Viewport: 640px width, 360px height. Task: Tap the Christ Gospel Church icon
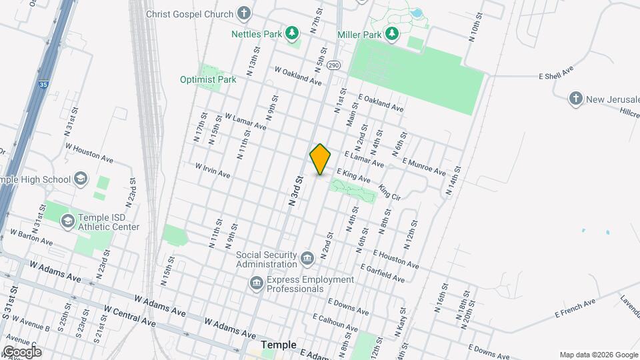pos(245,13)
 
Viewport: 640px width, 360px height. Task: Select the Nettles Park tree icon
pos(291,33)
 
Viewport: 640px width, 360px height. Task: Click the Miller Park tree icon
pos(393,33)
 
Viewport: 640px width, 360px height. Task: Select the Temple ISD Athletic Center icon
pos(67,221)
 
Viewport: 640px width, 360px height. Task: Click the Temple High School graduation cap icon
pos(81,179)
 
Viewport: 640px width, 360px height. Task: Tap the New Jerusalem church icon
pos(576,99)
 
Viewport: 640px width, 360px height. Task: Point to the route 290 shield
pos(334,65)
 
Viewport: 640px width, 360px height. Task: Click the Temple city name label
pos(278,345)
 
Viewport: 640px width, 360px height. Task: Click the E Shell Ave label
pos(556,75)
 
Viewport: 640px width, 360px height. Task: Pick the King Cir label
pos(389,193)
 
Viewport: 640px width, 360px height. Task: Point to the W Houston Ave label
pos(89,153)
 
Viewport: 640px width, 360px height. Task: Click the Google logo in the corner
pos(21,351)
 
